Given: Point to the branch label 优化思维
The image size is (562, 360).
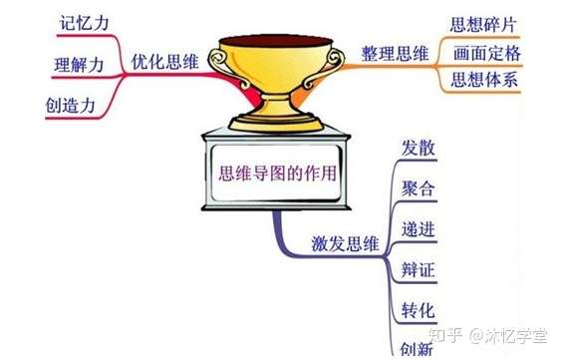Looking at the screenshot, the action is (163, 62).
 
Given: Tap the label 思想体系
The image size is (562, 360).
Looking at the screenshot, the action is (484, 79).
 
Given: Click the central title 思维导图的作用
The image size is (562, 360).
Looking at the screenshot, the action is (277, 174).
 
